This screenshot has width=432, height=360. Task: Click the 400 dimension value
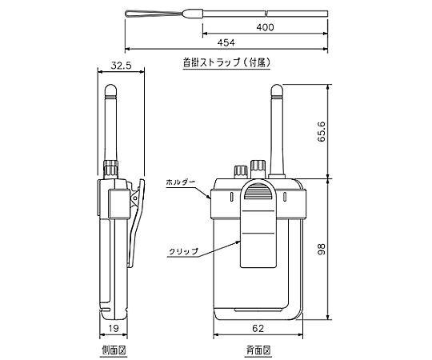(x=265, y=27)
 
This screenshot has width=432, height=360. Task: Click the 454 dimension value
(x=226, y=42)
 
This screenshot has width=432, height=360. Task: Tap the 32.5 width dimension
(x=122, y=66)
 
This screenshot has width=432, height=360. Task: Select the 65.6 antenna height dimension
(x=322, y=132)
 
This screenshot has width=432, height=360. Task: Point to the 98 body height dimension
(x=322, y=249)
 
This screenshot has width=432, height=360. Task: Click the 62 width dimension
(x=258, y=328)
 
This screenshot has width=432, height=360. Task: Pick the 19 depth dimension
(x=114, y=328)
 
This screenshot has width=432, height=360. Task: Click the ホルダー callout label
(x=181, y=182)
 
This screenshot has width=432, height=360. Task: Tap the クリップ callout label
(x=184, y=251)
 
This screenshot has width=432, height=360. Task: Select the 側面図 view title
(x=114, y=350)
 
